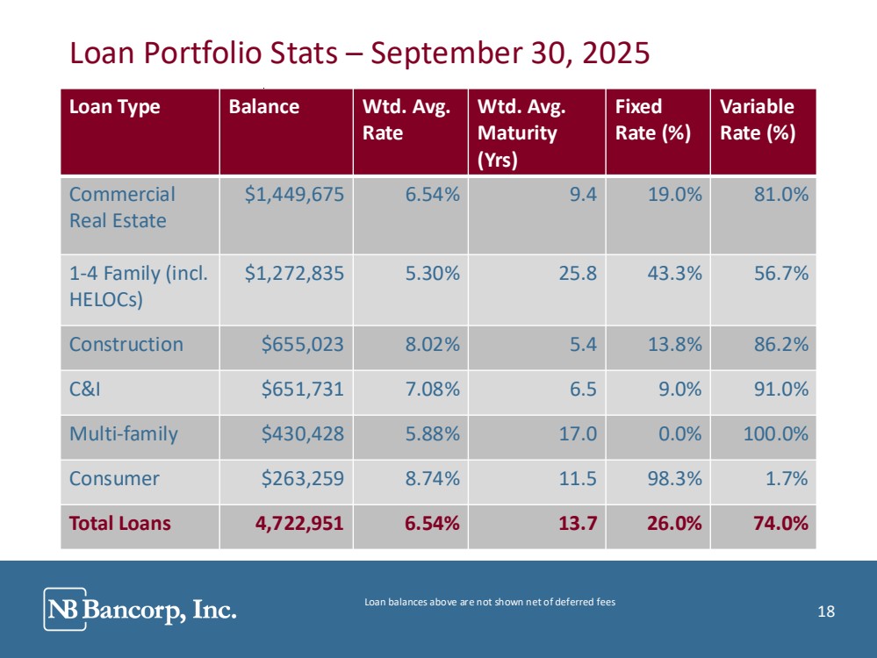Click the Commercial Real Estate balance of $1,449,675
pos(293,195)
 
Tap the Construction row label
pos(126,345)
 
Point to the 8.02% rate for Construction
pos(432,345)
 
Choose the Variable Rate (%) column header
pos(757,119)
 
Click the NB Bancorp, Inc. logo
pos(140,609)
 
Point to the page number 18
pos(825,612)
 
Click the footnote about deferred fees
pos(490,602)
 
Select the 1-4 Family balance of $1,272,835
pos(293,274)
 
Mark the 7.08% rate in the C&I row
pos(432,390)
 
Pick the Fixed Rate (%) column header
pos(652,119)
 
